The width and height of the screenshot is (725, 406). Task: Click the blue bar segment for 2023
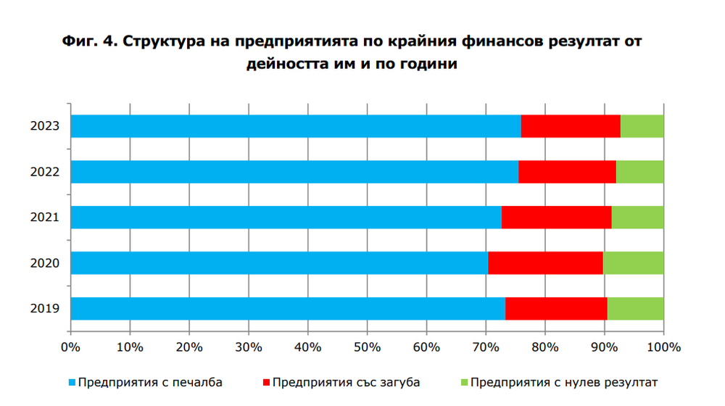296,126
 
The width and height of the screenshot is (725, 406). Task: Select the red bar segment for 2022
567,172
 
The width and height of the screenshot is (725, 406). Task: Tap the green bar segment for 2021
637,217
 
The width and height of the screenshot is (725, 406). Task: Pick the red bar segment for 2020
545,262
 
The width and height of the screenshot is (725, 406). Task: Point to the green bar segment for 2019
635,308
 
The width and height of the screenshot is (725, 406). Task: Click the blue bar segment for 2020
279,262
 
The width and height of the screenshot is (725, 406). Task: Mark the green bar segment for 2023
642,126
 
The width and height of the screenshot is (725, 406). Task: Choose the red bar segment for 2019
556,308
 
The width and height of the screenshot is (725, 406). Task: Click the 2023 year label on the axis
44,127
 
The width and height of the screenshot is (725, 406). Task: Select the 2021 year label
44,217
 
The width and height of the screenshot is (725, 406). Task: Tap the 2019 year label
44,308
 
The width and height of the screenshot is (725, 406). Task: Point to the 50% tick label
367,347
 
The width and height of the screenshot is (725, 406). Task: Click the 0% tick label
70,347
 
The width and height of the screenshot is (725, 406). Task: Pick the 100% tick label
663,347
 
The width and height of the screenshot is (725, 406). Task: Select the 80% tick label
545,347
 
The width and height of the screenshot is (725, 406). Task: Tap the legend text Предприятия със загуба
346,382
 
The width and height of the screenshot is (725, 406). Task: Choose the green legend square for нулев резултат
465,382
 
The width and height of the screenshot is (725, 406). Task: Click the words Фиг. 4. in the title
91,41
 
